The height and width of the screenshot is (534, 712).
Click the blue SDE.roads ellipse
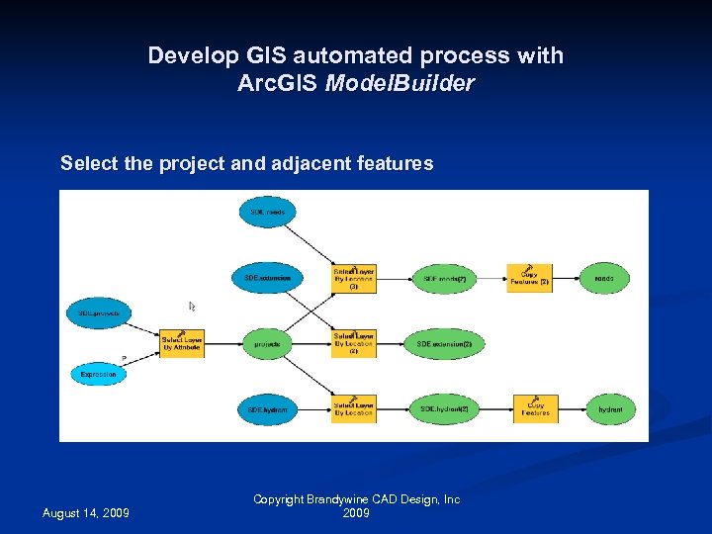267,212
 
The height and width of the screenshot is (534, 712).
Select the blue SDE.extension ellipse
267,279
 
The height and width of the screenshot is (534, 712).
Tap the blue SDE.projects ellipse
98,313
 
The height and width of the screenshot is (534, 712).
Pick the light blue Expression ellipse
98,375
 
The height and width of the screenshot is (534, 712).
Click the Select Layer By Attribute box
182,343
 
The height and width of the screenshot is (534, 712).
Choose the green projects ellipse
267,344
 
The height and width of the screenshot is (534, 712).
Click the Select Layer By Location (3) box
353,279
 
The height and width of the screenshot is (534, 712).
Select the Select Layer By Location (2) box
353,343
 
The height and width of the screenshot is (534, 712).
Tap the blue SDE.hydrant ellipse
267,408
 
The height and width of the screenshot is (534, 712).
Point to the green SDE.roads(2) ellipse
444,279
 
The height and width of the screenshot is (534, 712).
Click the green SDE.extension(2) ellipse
444,344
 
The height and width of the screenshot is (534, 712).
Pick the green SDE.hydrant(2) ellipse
444,408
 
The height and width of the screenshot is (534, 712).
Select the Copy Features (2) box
529,278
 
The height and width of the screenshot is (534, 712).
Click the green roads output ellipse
604,279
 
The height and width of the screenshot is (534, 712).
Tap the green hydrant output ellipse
610,408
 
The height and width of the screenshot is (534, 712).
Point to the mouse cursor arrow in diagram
193,308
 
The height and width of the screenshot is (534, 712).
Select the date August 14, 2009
85,512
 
